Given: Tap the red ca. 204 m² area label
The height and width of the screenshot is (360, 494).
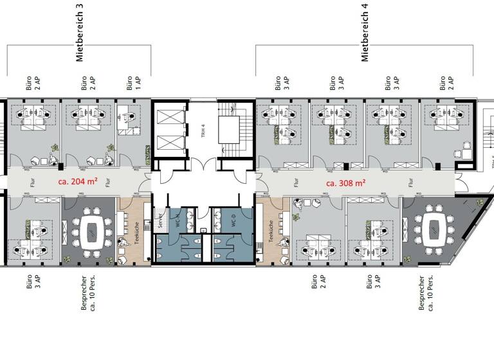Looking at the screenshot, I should coord(78,182).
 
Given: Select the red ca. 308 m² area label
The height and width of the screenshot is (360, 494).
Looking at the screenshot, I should coord(345,183).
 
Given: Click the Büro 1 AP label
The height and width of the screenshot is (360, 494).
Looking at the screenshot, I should coord(133,82).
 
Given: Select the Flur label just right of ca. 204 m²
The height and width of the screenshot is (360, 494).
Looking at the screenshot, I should coord(108,182).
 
